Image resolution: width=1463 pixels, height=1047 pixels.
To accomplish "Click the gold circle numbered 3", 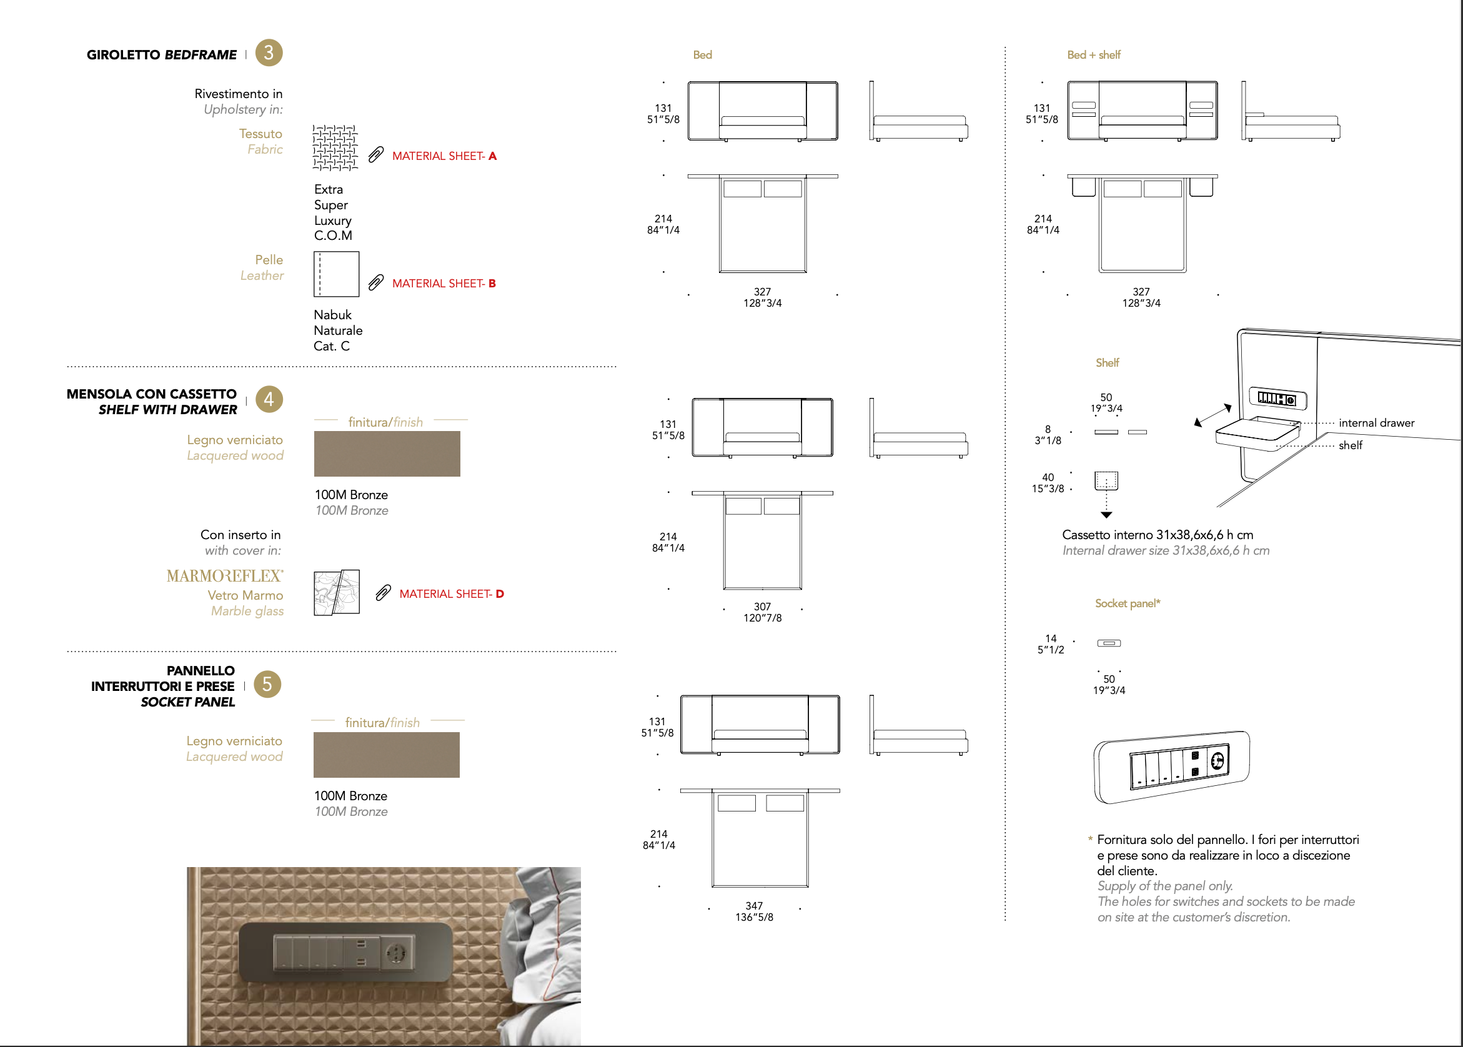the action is pos(269,52).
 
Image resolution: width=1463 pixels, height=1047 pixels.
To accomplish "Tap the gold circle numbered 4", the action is pos(269,399).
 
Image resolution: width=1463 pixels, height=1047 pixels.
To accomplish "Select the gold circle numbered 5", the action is pos(267,684).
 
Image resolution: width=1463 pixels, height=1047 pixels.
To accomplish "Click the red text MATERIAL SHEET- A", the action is pos(444,156).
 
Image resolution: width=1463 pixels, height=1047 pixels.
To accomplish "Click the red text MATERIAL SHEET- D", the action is pos(451,593).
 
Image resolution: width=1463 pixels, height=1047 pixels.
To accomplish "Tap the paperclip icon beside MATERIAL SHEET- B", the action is pos(375,283).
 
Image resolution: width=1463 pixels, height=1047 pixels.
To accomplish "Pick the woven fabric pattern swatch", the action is pos(335,147).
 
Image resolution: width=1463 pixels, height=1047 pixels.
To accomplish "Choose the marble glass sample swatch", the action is pos(337,592).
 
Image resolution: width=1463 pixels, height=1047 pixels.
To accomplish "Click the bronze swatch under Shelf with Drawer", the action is pos(387,454).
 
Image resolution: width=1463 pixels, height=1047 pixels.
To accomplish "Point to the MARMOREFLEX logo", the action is pos(225,576).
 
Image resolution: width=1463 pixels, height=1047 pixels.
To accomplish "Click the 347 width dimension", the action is pos(754,906).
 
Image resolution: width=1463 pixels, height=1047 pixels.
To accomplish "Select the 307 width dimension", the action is pos(763,607).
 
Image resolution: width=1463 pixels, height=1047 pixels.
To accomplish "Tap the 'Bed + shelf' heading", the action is pos(1094,55).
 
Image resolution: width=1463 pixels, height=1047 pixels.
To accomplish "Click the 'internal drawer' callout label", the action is pos(1377,423).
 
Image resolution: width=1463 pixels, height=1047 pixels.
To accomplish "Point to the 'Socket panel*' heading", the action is pos(1127,603).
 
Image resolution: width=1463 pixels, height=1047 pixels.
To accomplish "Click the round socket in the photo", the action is pos(395,951).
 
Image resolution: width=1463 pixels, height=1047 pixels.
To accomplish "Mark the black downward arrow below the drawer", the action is pos(1106,515).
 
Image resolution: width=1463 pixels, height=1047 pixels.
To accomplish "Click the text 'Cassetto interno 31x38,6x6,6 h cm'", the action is pos(1158,535).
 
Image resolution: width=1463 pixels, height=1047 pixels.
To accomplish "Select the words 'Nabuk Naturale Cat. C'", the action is pos(338,330).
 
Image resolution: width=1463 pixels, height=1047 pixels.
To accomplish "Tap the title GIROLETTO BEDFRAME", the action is pos(162,55).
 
